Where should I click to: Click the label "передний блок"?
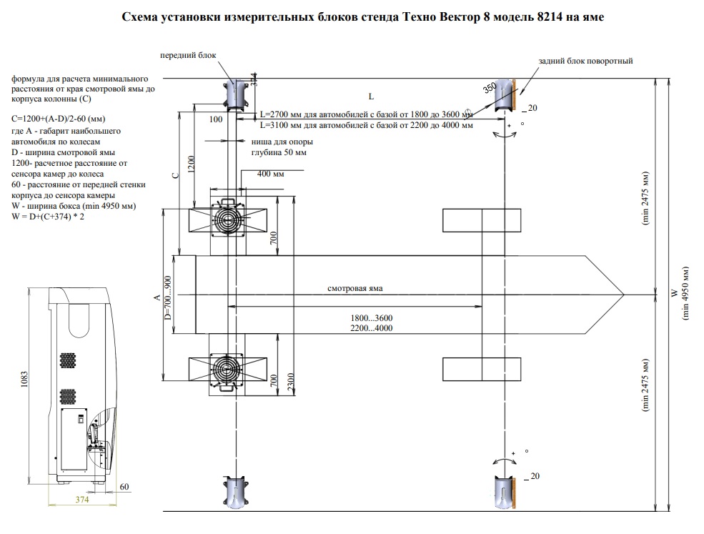pos(188,55)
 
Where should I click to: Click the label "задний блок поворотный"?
pos(586,61)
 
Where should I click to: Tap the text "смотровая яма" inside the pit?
pos(355,288)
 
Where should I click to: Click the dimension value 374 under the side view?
pos(83,500)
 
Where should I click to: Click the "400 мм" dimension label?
pos(270,176)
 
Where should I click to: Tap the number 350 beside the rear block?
pos(489,89)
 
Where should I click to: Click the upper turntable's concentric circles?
pos(229,219)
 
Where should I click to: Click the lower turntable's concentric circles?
pos(229,370)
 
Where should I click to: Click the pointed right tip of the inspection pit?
pos(623,294)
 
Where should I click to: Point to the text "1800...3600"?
pos(372,318)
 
